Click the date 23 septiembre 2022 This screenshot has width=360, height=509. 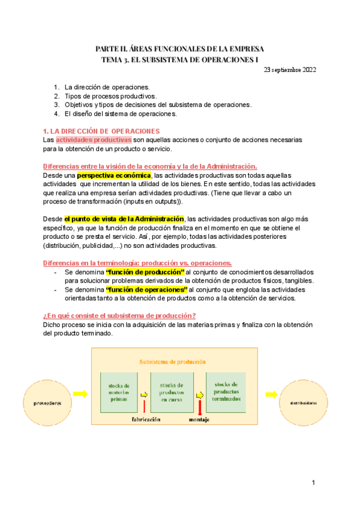coord(290,70)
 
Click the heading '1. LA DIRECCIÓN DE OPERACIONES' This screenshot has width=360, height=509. coord(101,130)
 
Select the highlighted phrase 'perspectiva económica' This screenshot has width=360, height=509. coord(115,175)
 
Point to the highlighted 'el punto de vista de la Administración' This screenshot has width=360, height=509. coord(124,219)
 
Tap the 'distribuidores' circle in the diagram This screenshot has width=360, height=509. coord(305,403)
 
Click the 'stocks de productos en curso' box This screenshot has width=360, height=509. coord(171,392)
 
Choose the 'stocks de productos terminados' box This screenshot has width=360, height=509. coord(226,392)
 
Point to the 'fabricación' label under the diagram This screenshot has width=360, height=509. coord(146,420)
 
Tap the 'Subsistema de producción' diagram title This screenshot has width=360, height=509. coord(172,362)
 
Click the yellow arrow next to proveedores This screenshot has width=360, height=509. coord(81,394)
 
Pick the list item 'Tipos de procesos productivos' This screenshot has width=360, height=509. coord(110,95)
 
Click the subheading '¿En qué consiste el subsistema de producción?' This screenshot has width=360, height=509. coord(119,316)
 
